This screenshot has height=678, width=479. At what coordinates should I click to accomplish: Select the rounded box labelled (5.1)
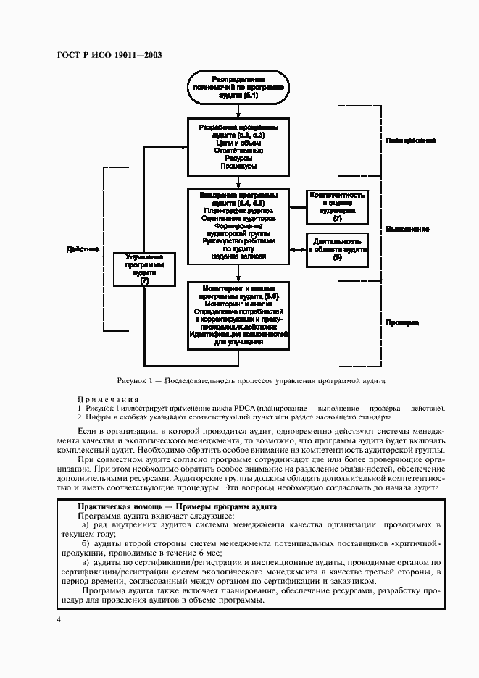[238, 86]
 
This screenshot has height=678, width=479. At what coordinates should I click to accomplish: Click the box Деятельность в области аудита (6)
[337, 248]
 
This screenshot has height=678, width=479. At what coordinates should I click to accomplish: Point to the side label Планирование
[410, 140]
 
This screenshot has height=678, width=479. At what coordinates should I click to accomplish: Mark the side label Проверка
[402, 323]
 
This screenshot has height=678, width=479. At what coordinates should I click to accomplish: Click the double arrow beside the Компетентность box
[297, 207]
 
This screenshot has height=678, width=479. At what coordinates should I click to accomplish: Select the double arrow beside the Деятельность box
[297, 248]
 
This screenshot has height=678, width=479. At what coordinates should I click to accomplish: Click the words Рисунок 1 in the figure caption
[134, 380]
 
